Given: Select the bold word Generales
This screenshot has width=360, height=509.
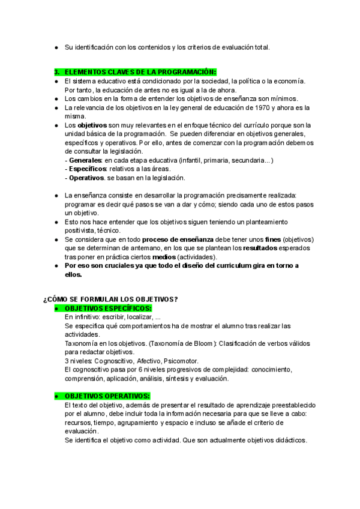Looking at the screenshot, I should (x=84, y=161).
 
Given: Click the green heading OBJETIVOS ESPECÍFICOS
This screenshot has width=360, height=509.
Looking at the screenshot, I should (x=107, y=308).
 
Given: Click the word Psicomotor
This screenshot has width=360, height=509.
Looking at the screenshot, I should (x=181, y=361).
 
